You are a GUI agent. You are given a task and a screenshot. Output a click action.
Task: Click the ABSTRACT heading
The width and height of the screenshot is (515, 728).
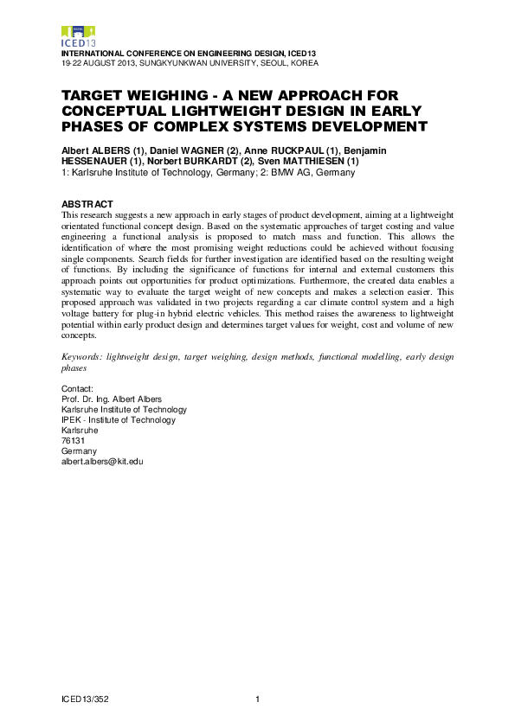[87, 203]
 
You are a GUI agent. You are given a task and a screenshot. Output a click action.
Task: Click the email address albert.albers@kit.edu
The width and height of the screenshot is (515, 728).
[101, 462]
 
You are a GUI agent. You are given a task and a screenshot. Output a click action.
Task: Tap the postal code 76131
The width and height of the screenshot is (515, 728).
[73, 441]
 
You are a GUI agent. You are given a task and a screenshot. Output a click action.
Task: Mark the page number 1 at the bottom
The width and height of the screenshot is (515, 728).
[258, 699]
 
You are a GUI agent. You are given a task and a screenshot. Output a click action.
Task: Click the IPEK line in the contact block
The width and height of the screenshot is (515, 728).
[118, 420]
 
